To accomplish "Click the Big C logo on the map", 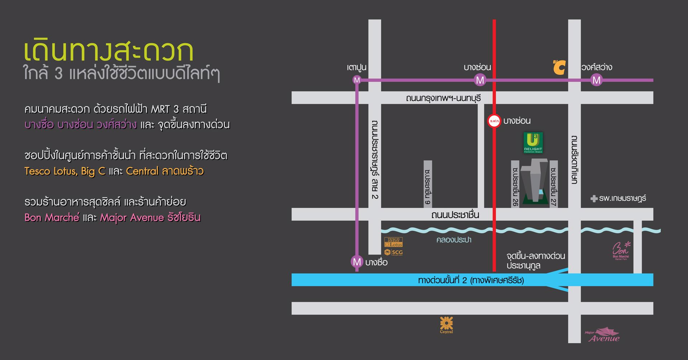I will pos(559,67).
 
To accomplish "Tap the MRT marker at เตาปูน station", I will pos(357,80).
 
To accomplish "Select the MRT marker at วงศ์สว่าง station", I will pos(596,80).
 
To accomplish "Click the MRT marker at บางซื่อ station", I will pos(357,262).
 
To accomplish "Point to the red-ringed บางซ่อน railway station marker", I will pos(494,121).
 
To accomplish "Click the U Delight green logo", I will pos(533,142).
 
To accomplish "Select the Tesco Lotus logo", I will pos(393,242).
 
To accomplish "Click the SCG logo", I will pos(393,252).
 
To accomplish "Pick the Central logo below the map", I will pos(446,325).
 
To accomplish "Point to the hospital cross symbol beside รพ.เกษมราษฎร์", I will pos(594,198).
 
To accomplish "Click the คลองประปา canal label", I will pos(454,240).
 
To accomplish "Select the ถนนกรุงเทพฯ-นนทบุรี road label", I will pos(443,98).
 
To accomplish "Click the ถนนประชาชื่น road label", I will pos(455,215).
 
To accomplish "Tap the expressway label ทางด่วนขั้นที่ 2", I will pos(471,280).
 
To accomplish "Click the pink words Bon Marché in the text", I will pos(52,218).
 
